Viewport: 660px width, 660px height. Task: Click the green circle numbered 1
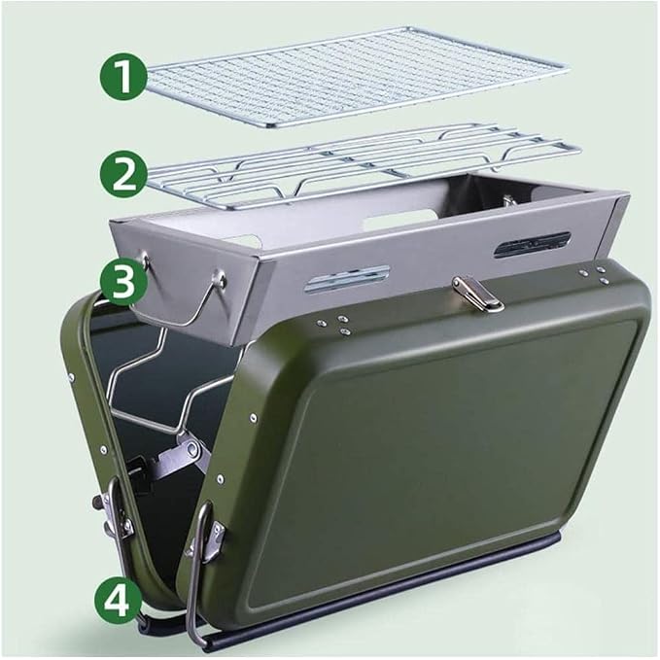click(123, 76)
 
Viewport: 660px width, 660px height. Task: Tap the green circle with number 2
click(123, 174)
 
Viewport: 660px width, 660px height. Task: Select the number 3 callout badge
click(123, 281)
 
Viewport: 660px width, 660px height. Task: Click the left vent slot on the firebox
click(347, 278)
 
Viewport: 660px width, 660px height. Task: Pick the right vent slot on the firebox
click(532, 244)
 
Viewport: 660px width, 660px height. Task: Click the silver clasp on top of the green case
click(477, 294)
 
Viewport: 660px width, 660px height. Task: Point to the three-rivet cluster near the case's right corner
click(594, 274)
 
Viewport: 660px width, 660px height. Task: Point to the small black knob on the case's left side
click(97, 502)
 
